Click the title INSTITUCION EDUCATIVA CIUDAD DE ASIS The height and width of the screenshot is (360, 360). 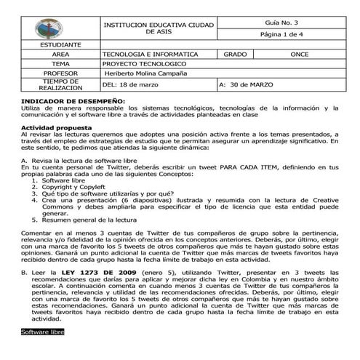159,28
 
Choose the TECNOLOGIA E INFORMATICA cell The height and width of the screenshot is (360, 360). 151,55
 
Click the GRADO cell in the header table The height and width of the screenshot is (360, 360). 236,55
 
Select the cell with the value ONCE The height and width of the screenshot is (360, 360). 298,55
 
